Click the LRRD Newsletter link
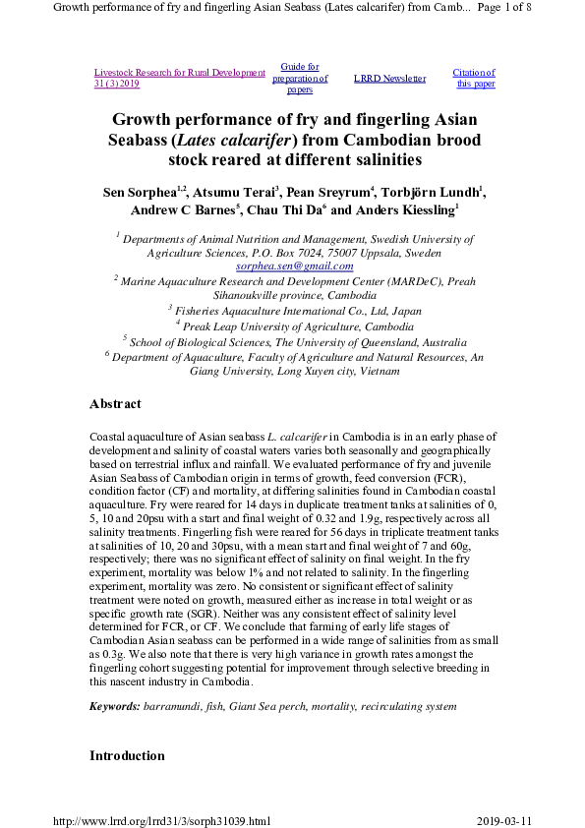pos(389,79)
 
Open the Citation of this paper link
pos(474,78)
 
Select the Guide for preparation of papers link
pos(299,78)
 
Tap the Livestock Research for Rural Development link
pos(180,73)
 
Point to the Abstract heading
pos(115,404)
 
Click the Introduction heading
pos(127,755)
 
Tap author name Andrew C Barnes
pos(183,210)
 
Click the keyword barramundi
pos(172,706)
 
